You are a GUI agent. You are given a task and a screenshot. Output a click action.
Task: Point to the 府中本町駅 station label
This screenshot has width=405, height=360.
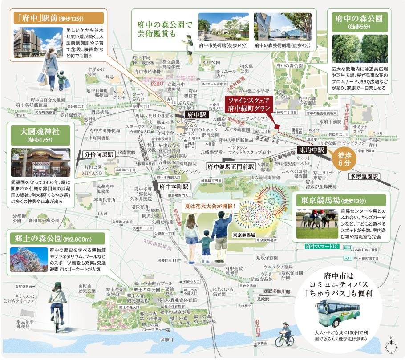coord(173,187)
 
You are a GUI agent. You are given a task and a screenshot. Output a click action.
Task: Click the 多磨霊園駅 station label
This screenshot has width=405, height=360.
coord(363,176)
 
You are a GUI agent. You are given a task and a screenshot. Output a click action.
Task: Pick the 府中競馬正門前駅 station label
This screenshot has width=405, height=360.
coord(230,166)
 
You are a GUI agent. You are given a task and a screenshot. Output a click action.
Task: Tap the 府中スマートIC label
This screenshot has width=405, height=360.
coord(322,246)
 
